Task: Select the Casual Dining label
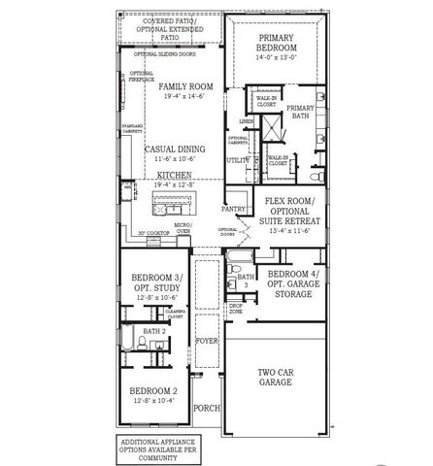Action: pos(173,149)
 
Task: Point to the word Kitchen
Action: pos(173,175)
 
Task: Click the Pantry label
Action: pos(233,208)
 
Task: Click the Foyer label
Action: pos(206,342)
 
